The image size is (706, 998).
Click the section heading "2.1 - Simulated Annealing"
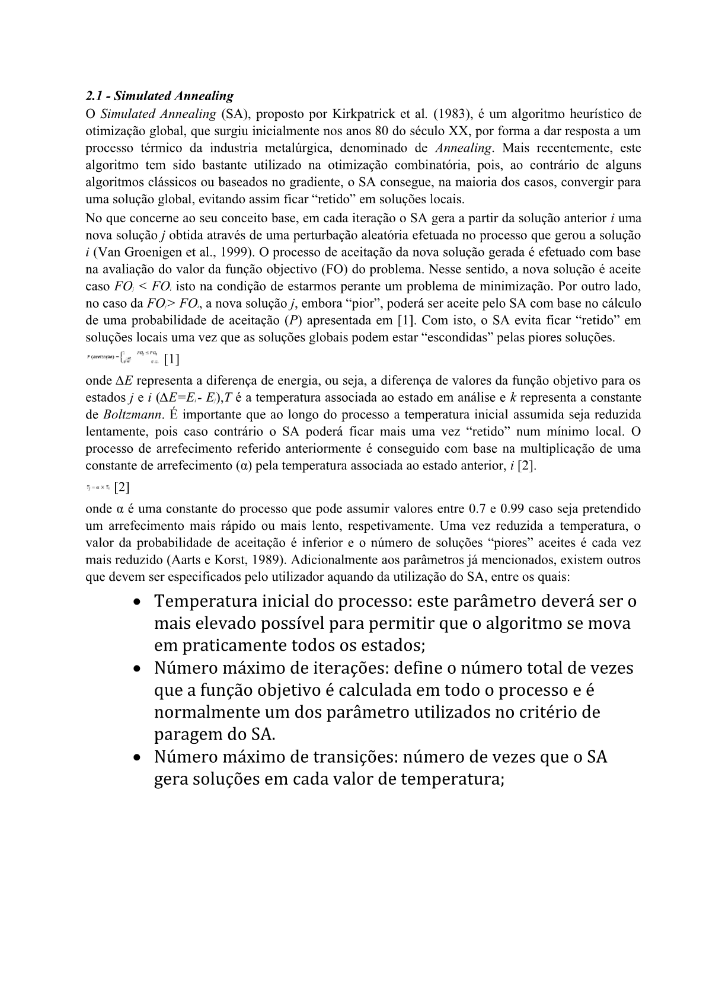point(159,96)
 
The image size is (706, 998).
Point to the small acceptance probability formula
point(122,359)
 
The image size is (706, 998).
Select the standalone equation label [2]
point(122,487)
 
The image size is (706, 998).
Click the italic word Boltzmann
point(130,414)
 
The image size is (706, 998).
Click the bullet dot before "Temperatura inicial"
point(138,602)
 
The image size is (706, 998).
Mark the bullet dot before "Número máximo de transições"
point(138,758)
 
